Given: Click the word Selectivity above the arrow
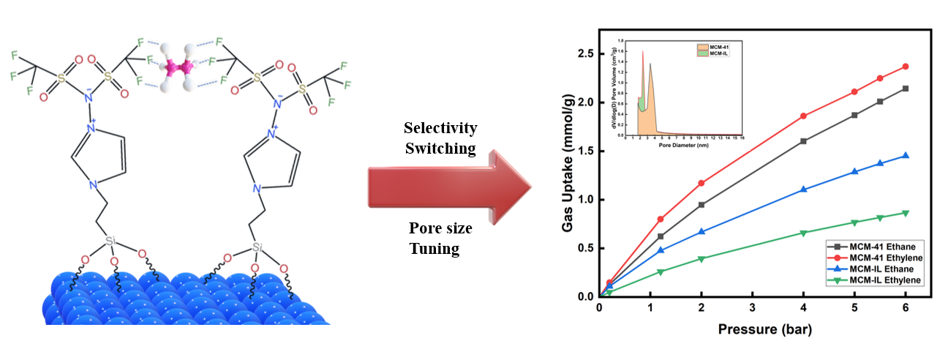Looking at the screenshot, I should pyautogui.click(x=440, y=129).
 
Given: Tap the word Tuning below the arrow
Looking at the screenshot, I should pyautogui.click(x=434, y=249).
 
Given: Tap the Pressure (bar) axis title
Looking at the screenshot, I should pyautogui.click(x=764, y=329).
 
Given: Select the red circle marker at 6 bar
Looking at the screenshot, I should pyautogui.click(x=906, y=67).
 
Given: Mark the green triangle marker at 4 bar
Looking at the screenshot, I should pyautogui.click(x=804, y=233).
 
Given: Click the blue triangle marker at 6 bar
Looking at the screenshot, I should pyautogui.click(x=906, y=156).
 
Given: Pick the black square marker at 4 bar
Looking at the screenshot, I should pyautogui.click(x=804, y=141).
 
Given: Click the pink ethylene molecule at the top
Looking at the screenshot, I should pyautogui.click(x=178, y=68).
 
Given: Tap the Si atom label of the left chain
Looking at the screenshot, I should pyautogui.click(x=110, y=240).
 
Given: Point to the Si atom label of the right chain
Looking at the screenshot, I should pyautogui.click(x=257, y=248).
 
